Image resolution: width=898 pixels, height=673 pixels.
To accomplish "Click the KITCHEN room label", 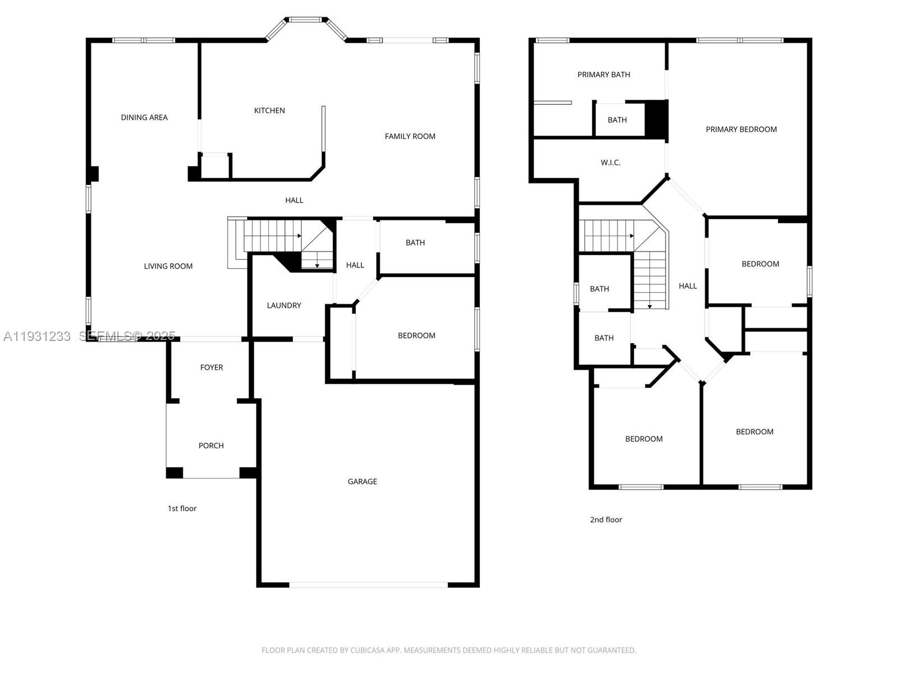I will pyautogui.click(x=269, y=110).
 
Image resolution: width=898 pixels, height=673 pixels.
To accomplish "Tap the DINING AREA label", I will pyautogui.click(x=144, y=117).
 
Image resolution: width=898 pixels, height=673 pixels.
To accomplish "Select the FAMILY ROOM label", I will pyautogui.click(x=410, y=136).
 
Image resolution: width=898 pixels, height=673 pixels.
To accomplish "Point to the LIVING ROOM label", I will pyautogui.click(x=168, y=266).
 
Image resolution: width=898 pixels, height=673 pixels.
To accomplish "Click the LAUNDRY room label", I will pyautogui.click(x=284, y=306).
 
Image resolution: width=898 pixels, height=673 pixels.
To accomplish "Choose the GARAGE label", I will pyautogui.click(x=362, y=482).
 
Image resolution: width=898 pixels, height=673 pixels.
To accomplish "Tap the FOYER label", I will pyautogui.click(x=212, y=367).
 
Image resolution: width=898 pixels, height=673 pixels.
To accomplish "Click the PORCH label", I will pyautogui.click(x=211, y=446).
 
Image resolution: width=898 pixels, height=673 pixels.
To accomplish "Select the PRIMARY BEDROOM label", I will pyautogui.click(x=741, y=130).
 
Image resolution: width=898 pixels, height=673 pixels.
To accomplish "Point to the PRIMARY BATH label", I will pyautogui.click(x=603, y=75).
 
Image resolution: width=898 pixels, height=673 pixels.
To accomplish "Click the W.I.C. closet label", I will pyautogui.click(x=610, y=163).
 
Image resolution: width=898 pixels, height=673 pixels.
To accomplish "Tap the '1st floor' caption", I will pyautogui.click(x=182, y=509).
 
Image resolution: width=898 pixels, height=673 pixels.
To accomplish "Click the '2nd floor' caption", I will pyautogui.click(x=606, y=520).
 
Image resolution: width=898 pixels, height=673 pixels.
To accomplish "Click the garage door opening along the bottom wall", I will pyautogui.click(x=368, y=585).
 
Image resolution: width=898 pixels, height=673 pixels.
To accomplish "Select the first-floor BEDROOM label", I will pyautogui.click(x=416, y=336).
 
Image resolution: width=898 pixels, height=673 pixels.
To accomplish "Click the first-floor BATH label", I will pyautogui.click(x=415, y=243).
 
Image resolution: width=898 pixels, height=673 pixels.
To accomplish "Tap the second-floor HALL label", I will pyautogui.click(x=688, y=286).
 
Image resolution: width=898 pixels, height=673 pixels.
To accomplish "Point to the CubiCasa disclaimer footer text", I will pyautogui.click(x=448, y=651).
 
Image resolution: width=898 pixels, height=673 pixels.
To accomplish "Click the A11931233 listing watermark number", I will pyautogui.click(x=37, y=336).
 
